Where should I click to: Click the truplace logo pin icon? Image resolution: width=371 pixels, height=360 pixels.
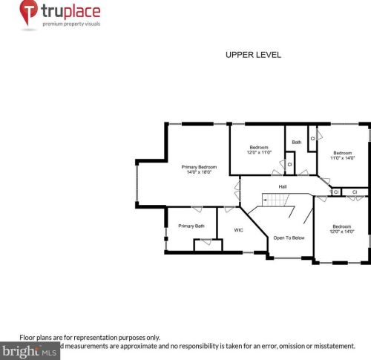[29, 13]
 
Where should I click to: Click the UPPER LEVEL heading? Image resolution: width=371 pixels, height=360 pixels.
[253, 55]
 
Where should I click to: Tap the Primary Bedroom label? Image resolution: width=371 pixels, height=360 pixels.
[200, 167]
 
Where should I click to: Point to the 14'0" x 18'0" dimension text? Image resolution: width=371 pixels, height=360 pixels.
[200, 173]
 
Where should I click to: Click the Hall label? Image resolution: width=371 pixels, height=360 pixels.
[283, 186]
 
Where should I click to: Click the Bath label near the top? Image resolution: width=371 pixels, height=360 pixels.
[297, 142]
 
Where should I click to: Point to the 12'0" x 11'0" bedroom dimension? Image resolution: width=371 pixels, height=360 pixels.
[260, 152]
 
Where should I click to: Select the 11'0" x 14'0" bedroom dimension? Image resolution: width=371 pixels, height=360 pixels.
[343, 157]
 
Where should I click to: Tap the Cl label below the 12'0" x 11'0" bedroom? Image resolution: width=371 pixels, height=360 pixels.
[289, 164]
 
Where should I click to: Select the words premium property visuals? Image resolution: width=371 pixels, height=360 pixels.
[71, 24]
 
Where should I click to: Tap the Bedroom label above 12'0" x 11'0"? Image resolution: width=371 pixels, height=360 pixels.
[259, 147]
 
